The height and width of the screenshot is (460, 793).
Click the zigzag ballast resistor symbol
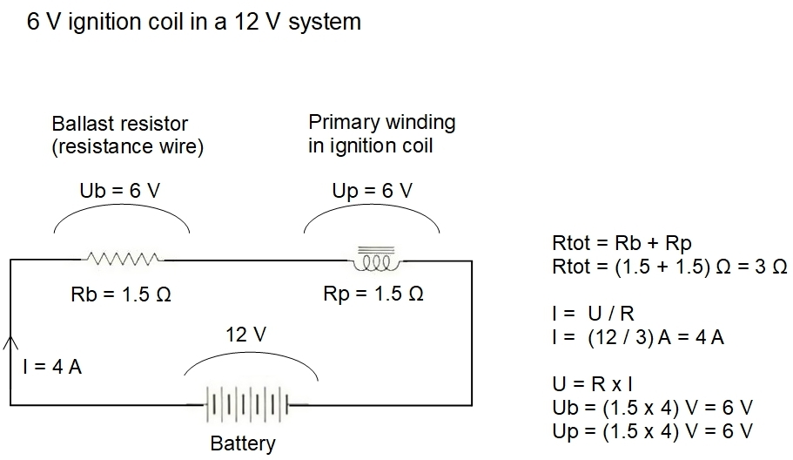pos(123,259)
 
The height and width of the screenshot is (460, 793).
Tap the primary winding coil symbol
pos(375,259)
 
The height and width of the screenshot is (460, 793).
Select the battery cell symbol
pos(247,404)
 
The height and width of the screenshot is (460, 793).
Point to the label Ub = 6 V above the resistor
pos(120,191)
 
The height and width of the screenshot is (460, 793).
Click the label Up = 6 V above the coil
pos(373,191)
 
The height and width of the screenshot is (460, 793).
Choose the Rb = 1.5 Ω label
pos(121,294)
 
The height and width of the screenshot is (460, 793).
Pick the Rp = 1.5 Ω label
pos(373,294)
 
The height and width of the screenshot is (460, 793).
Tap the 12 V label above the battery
pos(245,334)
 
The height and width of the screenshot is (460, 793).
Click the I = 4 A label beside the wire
pos(52,367)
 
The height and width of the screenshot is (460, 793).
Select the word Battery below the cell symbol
pos(243,443)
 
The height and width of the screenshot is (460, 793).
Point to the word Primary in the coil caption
pos(343,123)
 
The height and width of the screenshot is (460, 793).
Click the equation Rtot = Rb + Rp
pos(622,243)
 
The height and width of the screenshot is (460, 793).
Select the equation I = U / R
pos(594,314)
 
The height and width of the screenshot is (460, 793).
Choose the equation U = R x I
pos(592,384)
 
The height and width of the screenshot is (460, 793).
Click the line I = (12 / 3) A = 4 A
pos(638,337)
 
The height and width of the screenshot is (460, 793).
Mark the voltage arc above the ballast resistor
pos(122,205)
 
